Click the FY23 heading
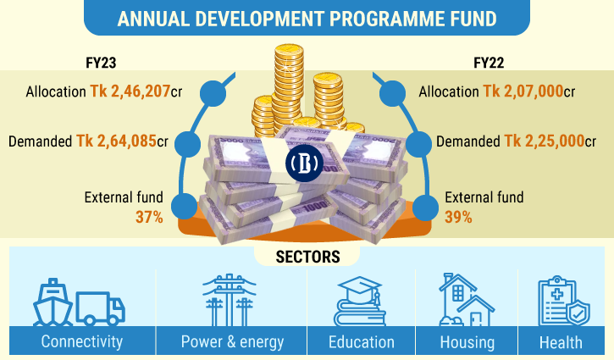tap(101, 63)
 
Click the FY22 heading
tap(489, 63)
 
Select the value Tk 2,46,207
tap(130, 91)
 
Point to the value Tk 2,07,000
tap(523, 91)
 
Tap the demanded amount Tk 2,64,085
tap(116, 141)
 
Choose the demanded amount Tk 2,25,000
tap(545, 141)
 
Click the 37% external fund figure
tap(149, 217)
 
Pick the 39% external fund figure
tap(458, 217)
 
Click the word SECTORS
tap(307, 257)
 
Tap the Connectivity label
tap(82, 341)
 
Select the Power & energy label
tap(232, 342)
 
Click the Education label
tap(362, 342)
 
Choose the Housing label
tap(467, 342)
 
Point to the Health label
tap(561, 343)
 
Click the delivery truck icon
tap(100, 308)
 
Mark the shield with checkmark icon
tap(578, 313)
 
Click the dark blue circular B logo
tap(304, 163)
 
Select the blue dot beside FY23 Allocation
tap(213, 93)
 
